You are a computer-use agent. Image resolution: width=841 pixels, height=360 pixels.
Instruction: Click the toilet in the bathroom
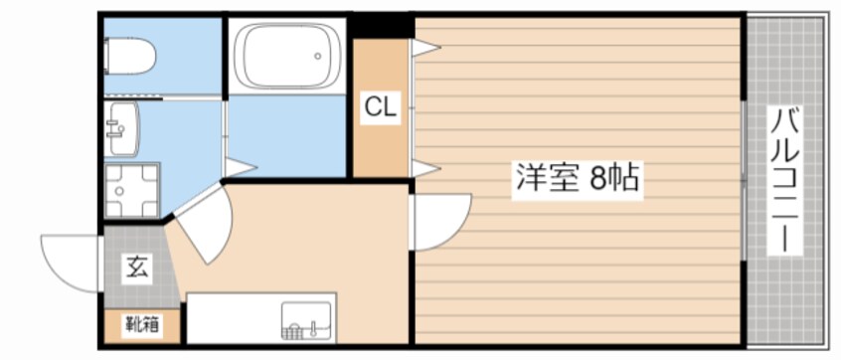point(132,57)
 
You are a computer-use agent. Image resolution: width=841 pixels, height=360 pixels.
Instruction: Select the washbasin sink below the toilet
point(123,129)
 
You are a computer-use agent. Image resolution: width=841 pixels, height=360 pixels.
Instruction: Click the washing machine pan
point(132,189)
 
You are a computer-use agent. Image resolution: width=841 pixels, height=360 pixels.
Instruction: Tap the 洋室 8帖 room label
point(576,179)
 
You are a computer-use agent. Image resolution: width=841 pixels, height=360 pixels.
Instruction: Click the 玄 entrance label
point(136,267)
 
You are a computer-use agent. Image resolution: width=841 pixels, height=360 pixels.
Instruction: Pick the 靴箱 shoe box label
point(142,323)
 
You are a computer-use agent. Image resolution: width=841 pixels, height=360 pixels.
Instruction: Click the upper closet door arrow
point(425,46)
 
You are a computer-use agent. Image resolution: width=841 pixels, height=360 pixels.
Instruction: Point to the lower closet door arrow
point(425,169)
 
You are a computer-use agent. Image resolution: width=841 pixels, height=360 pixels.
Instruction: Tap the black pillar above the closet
point(380,25)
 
